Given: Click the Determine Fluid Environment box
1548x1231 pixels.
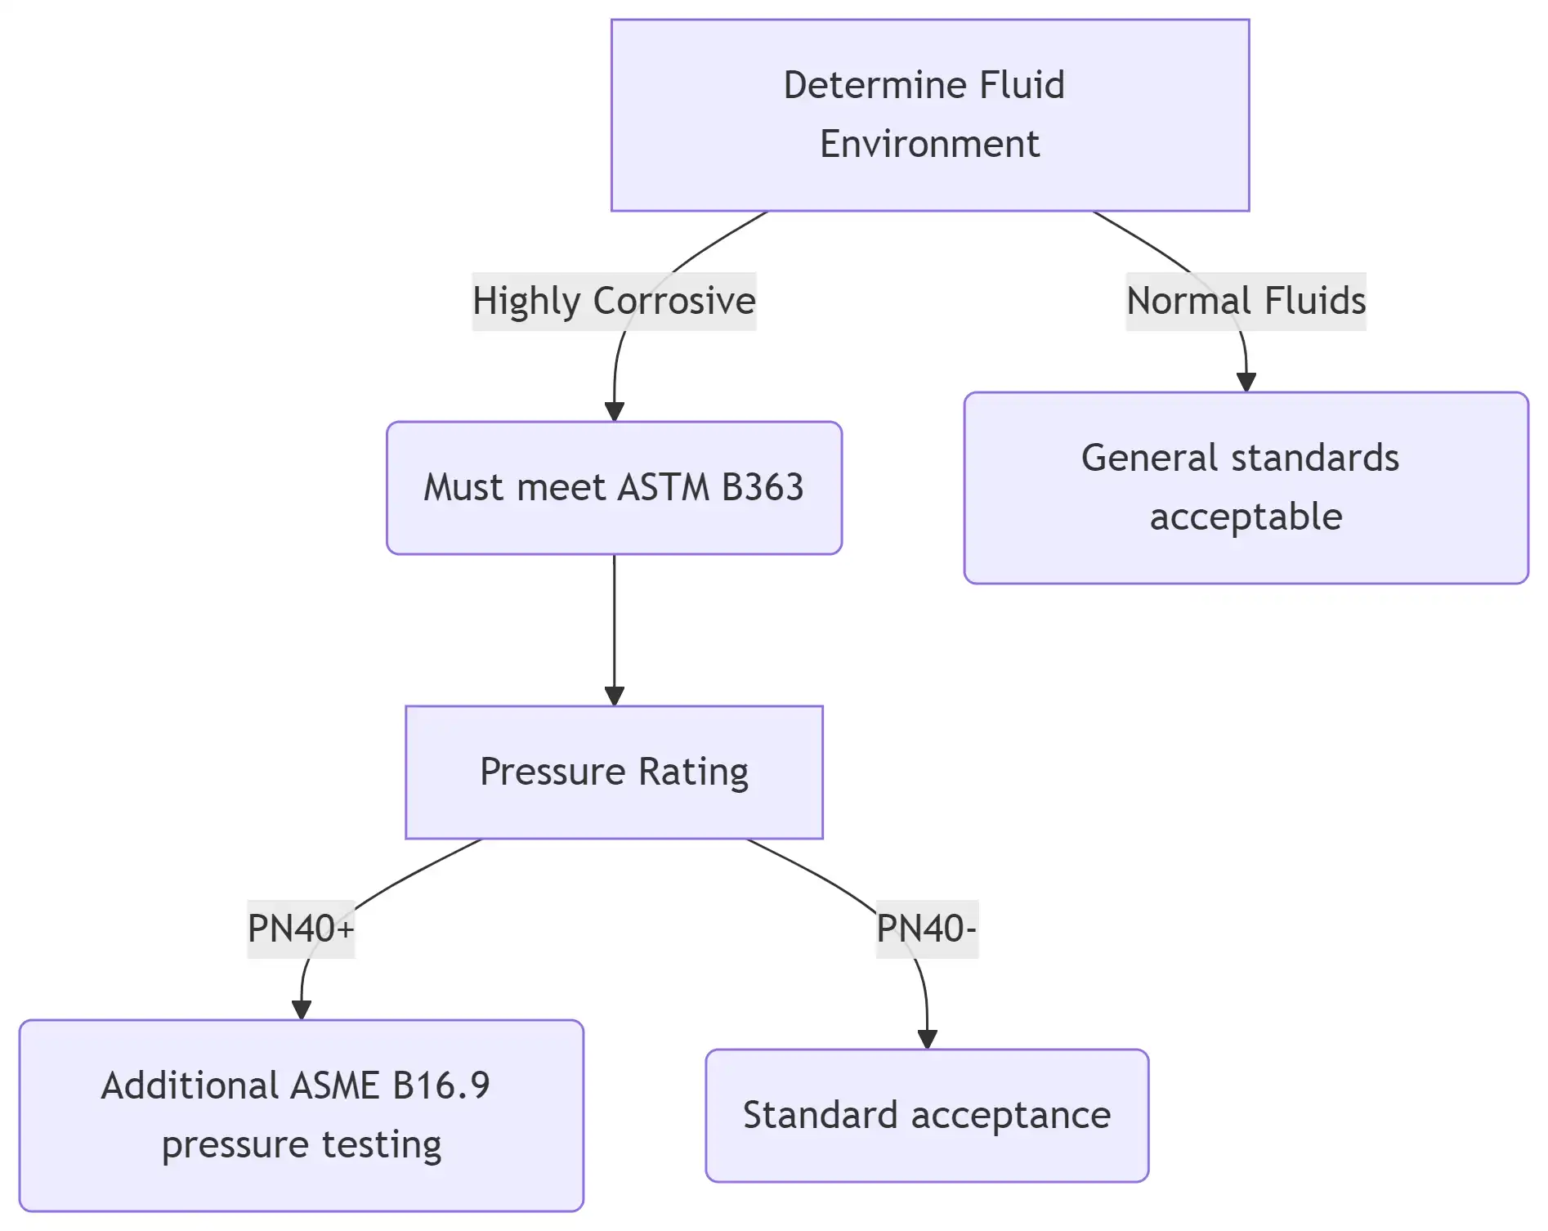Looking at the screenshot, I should [930, 115].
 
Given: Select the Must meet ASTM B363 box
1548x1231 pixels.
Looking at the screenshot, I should [614, 488].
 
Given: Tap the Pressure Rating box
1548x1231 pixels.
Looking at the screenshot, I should [614, 772].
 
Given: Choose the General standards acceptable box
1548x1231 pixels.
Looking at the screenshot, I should [1246, 488].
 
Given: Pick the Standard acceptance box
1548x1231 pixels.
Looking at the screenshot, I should [927, 1116].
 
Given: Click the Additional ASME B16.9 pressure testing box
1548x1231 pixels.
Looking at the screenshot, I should [301, 1116].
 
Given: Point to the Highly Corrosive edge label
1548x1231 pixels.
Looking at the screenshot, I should [614, 301].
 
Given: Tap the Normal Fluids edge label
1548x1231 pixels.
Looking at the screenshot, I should [1246, 301].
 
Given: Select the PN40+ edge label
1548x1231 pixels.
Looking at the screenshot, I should [301, 929].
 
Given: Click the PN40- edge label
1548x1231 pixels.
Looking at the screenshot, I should [927, 929].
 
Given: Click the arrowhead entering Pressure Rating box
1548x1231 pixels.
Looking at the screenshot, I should [614, 696].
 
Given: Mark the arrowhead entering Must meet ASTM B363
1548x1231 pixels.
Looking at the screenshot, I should [614, 412].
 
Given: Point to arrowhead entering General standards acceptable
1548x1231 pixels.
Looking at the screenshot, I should [1246, 383].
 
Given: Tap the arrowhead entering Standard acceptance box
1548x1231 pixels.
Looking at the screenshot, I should [927, 1040].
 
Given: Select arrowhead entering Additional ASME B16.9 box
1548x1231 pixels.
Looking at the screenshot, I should [301, 1010].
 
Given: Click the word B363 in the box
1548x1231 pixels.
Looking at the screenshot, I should [763, 488].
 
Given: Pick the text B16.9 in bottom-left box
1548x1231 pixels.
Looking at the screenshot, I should [441, 1086].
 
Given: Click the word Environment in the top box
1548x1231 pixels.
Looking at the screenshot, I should [929, 145].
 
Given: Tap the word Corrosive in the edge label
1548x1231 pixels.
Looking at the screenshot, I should [674, 301].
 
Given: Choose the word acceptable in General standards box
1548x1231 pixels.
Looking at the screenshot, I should [1246, 517].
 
